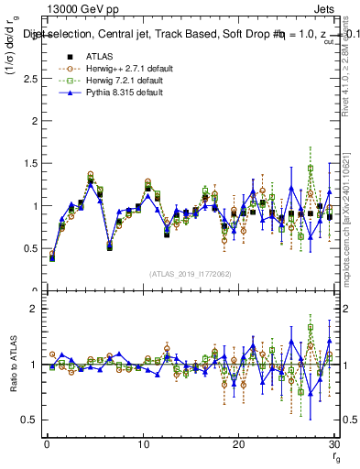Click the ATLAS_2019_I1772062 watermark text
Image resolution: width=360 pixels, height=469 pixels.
[x=191, y=273]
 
